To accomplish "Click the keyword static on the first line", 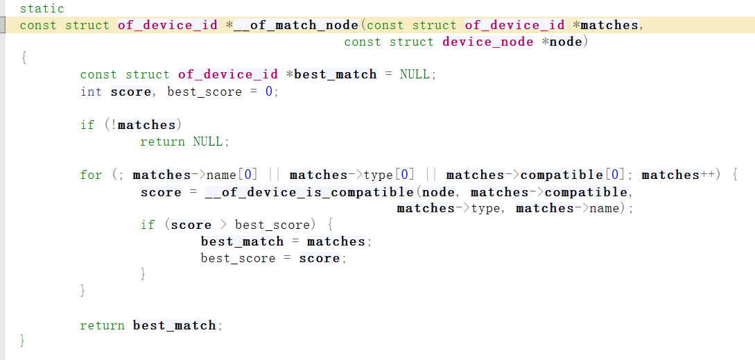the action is pos(42,9).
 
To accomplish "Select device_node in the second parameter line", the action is pos(487,42).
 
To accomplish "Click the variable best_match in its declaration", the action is pos(335,75).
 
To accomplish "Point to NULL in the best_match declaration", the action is pos(415,75).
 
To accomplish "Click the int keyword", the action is pos(91,92).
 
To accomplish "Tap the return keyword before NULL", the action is pos(162,142).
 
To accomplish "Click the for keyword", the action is pos(91,175).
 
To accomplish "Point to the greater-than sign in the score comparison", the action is pos(223,225).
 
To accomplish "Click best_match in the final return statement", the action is pos(174,326).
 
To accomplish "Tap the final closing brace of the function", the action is pos(23,341).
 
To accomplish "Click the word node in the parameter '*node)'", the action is pos(566,42).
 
